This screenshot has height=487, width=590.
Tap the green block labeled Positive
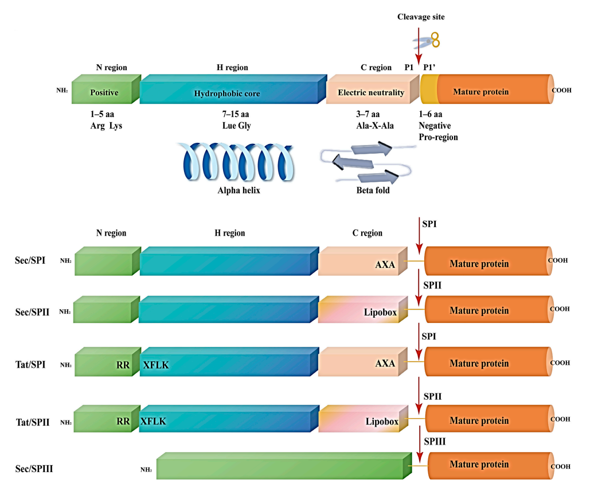point(104,92)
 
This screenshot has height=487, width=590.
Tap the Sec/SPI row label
point(32,260)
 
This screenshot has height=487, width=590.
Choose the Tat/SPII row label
point(32,422)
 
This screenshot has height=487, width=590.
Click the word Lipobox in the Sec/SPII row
point(381,313)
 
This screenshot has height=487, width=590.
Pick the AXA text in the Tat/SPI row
point(385,364)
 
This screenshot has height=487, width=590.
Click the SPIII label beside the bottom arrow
point(435,441)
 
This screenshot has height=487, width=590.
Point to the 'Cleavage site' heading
point(421,17)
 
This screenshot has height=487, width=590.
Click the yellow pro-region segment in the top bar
point(428,92)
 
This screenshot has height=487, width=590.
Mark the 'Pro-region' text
point(438,137)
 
